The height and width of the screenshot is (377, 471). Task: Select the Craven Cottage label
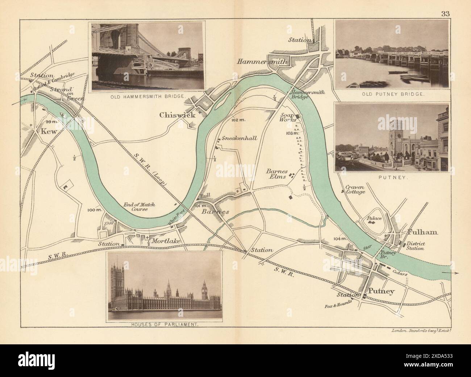pos(355,189)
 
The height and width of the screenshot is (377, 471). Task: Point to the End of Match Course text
pos(137,207)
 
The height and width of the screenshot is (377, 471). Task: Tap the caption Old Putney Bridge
pos(392,94)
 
